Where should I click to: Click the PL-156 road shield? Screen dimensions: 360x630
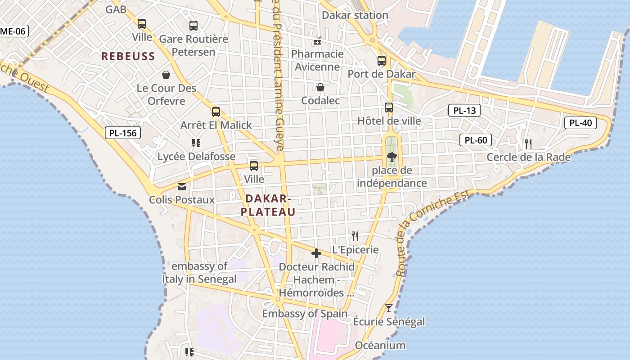(x=123, y=133)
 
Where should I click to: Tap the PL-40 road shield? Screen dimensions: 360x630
(x=580, y=123)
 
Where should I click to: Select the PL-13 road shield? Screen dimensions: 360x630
(x=464, y=110)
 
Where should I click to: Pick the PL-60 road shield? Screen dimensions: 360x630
(x=476, y=140)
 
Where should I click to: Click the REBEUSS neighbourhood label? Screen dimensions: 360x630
(x=128, y=56)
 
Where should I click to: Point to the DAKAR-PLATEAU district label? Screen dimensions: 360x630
(x=268, y=205)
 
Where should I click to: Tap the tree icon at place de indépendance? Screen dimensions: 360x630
(x=391, y=157)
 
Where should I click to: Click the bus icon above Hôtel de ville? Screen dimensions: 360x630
(x=389, y=108)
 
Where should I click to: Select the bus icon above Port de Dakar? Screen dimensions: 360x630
(x=382, y=60)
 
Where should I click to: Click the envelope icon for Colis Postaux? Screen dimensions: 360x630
(x=182, y=186)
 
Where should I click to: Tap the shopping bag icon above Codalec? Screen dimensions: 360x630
(x=320, y=87)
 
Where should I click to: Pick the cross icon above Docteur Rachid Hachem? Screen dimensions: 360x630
(x=316, y=254)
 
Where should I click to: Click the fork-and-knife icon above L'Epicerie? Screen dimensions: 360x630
(x=355, y=236)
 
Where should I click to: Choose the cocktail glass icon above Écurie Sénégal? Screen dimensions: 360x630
(x=389, y=308)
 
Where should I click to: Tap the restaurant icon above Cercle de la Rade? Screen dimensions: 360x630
(x=528, y=144)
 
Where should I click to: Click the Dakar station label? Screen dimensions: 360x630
(x=355, y=15)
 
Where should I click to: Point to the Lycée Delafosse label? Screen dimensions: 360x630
(x=196, y=157)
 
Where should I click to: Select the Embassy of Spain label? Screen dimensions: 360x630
(x=305, y=314)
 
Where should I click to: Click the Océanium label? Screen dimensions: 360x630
(x=380, y=346)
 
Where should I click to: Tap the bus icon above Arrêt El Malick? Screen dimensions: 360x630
(x=216, y=112)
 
